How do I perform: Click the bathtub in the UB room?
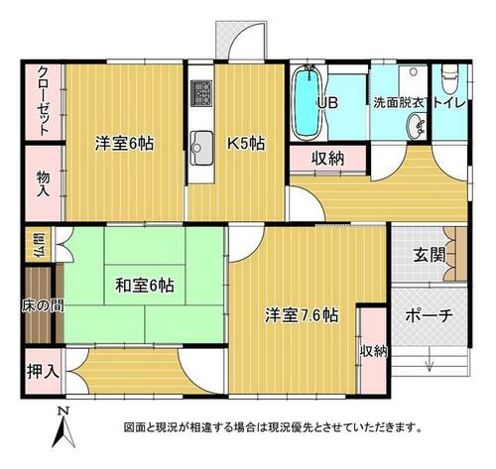pos(308,102)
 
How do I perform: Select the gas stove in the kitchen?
pos(201,93)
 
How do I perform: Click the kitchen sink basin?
pos(201,148)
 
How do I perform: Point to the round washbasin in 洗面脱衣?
pos(416,127)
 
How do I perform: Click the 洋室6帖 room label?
pos(124,144)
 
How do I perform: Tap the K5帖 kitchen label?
pos(246,144)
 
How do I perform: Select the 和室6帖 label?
pos(145,286)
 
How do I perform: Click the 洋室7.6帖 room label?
pos(302,315)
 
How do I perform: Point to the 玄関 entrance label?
pos(430,255)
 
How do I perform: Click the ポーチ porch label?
pos(429,316)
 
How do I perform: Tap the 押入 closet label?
pos(43,371)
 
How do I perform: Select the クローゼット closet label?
pos(43,101)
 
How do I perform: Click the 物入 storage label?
pos(43,183)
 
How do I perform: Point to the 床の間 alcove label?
pos(43,306)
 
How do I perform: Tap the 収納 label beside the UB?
pos(328,159)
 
